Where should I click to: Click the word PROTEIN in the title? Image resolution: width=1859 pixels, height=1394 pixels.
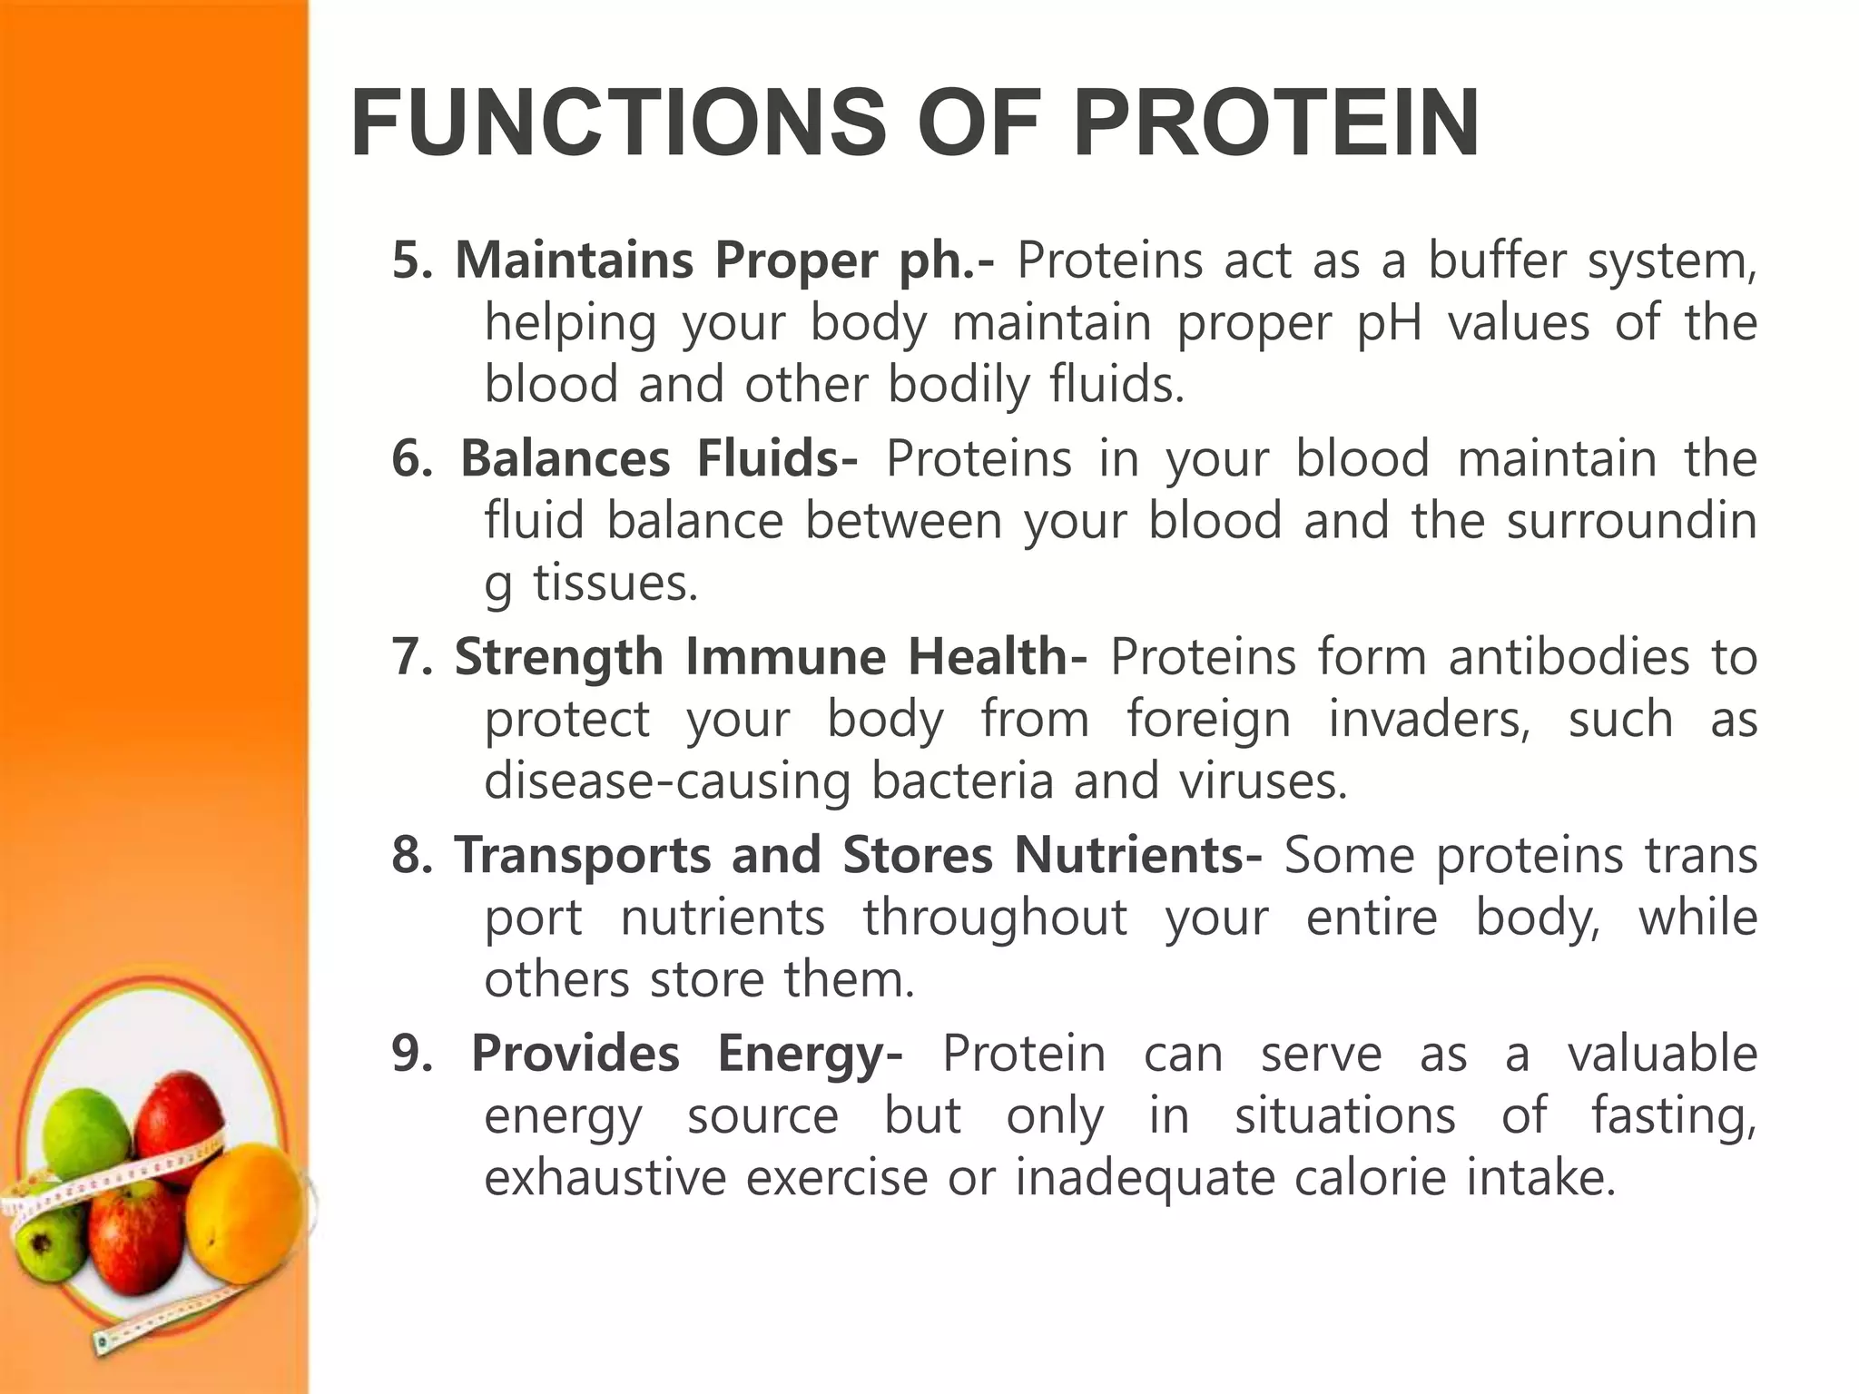tap(1276, 123)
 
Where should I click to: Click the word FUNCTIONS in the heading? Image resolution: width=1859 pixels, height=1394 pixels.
tap(618, 123)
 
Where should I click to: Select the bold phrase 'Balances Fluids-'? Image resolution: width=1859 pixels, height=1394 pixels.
tap(658, 458)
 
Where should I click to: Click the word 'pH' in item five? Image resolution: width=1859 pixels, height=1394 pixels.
tap(1389, 323)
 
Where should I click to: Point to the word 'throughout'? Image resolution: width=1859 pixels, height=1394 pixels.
tap(995, 918)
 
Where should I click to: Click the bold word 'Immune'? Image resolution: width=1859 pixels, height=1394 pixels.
tap(785, 656)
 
